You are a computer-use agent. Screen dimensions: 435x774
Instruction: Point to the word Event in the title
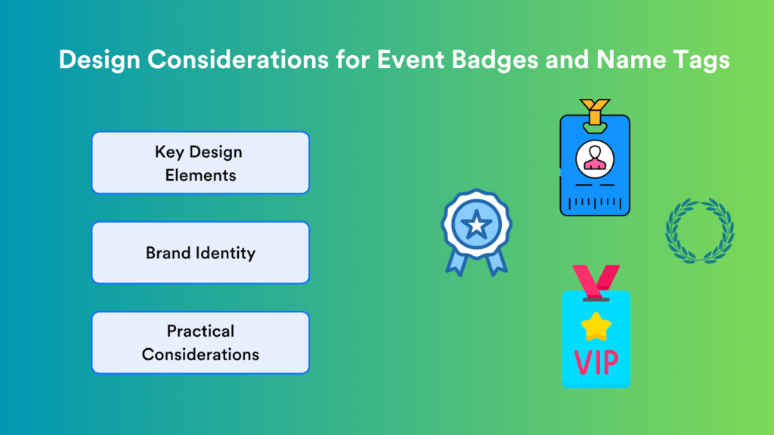(401, 60)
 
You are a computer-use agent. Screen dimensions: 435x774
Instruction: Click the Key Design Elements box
(200, 162)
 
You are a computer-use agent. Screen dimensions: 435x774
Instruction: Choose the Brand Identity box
(200, 252)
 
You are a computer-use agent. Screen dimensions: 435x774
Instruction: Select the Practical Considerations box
(200, 342)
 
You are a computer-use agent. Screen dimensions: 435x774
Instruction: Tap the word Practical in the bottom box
(200, 331)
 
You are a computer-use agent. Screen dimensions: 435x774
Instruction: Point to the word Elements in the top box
(200, 175)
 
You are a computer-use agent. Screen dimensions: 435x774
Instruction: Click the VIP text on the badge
(596, 362)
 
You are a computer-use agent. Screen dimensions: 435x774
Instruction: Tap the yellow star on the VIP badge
(596, 325)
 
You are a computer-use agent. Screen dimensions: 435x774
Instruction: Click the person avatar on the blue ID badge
(594, 158)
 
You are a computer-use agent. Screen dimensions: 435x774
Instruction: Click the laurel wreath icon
(699, 231)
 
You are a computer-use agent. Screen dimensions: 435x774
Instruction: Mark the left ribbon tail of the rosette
(457, 260)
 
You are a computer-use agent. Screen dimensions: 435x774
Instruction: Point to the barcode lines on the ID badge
(594, 202)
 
